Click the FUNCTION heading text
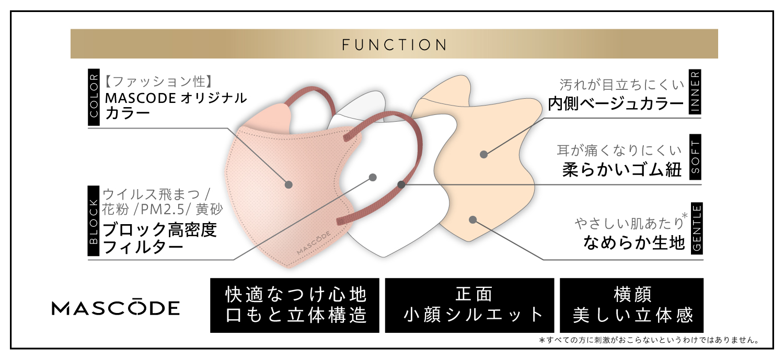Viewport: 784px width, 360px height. click(x=395, y=44)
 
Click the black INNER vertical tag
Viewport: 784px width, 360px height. click(x=695, y=92)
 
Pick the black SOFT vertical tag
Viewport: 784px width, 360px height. click(x=695, y=157)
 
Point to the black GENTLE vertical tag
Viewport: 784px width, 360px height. click(x=695, y=228)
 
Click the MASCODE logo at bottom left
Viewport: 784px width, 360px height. click(x=116, y=308)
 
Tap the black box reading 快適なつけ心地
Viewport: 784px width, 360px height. click(x=295, y=306)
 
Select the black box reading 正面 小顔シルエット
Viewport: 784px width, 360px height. click(x=469, y=306)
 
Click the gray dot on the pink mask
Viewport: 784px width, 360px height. click(x=289, y=184)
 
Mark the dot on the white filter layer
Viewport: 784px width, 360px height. click(x=373, y=177)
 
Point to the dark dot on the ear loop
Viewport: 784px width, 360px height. click(x=401, y=184)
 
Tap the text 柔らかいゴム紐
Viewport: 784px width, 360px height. click(x=622, y=169)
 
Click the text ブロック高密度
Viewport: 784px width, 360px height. click(x=159, y=230)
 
